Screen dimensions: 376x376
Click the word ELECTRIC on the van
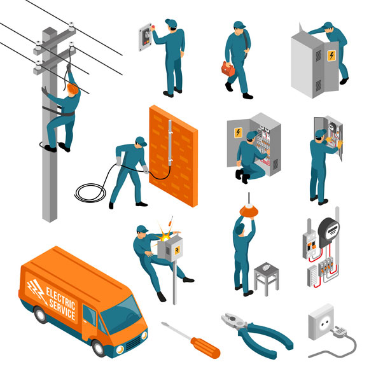[60, 298]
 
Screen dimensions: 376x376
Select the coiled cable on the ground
[89, 191]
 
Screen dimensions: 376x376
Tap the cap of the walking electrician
[239, 25]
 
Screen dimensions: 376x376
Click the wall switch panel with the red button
[146, 36]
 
